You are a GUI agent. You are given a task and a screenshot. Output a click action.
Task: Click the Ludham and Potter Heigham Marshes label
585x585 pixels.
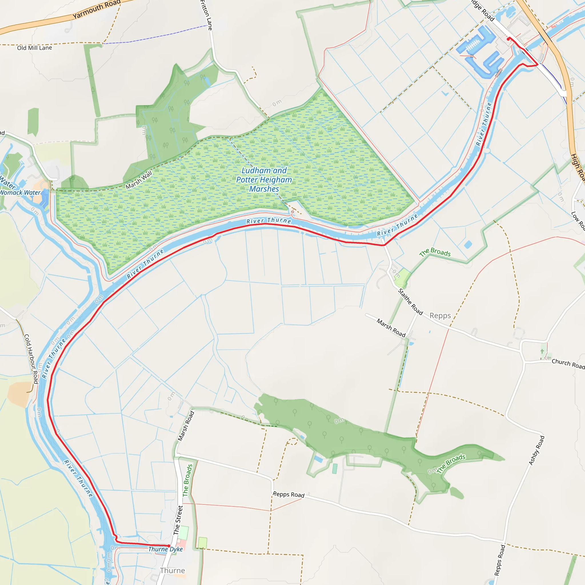click(264, 180)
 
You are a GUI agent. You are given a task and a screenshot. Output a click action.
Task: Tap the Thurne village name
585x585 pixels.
click(172, 570)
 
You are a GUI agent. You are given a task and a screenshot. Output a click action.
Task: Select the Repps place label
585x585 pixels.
click(440, 316)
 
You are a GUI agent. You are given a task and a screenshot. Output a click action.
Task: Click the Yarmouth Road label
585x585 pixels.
click(96, 9)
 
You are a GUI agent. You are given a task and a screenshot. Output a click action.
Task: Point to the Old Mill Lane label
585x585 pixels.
click(35, 48)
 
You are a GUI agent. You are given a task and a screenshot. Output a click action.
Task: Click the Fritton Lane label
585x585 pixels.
click(206, 15)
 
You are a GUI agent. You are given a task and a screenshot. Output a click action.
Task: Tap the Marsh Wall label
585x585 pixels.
click(139, 180)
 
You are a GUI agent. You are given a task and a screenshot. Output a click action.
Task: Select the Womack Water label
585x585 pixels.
click(20, 193)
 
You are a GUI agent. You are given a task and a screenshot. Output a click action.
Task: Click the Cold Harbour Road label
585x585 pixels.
click(31, 359)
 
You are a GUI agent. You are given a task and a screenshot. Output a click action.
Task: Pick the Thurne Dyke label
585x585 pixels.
click(166, 549)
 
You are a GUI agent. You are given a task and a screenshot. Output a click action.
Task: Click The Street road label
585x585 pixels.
click(178, 520)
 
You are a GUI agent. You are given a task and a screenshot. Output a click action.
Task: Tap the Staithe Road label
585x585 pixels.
click(410, 302)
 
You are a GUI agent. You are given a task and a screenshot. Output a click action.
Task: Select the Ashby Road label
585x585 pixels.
click(536, 450)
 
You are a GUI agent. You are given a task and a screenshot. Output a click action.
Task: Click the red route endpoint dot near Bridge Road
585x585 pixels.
click(508, 39)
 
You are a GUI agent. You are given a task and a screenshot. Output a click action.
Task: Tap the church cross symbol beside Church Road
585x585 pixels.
click(542, 351)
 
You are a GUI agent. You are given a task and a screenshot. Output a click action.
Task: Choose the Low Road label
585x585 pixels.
click(578, 221)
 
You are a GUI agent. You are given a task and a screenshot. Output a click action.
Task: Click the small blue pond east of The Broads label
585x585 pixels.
click(468, 244)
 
